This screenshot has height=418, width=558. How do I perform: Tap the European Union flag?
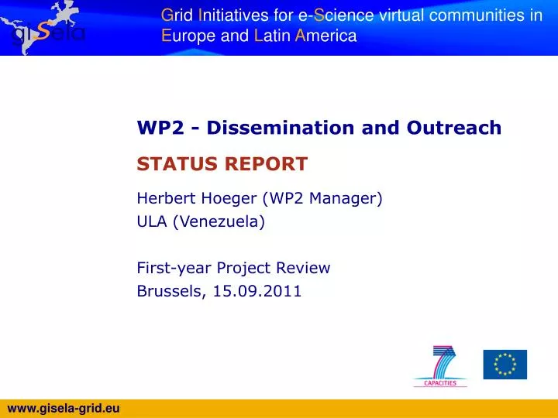point(505,365)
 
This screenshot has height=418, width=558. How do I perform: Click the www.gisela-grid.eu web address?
point(63,408)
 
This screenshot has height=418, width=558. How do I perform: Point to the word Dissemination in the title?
point(291,128)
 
